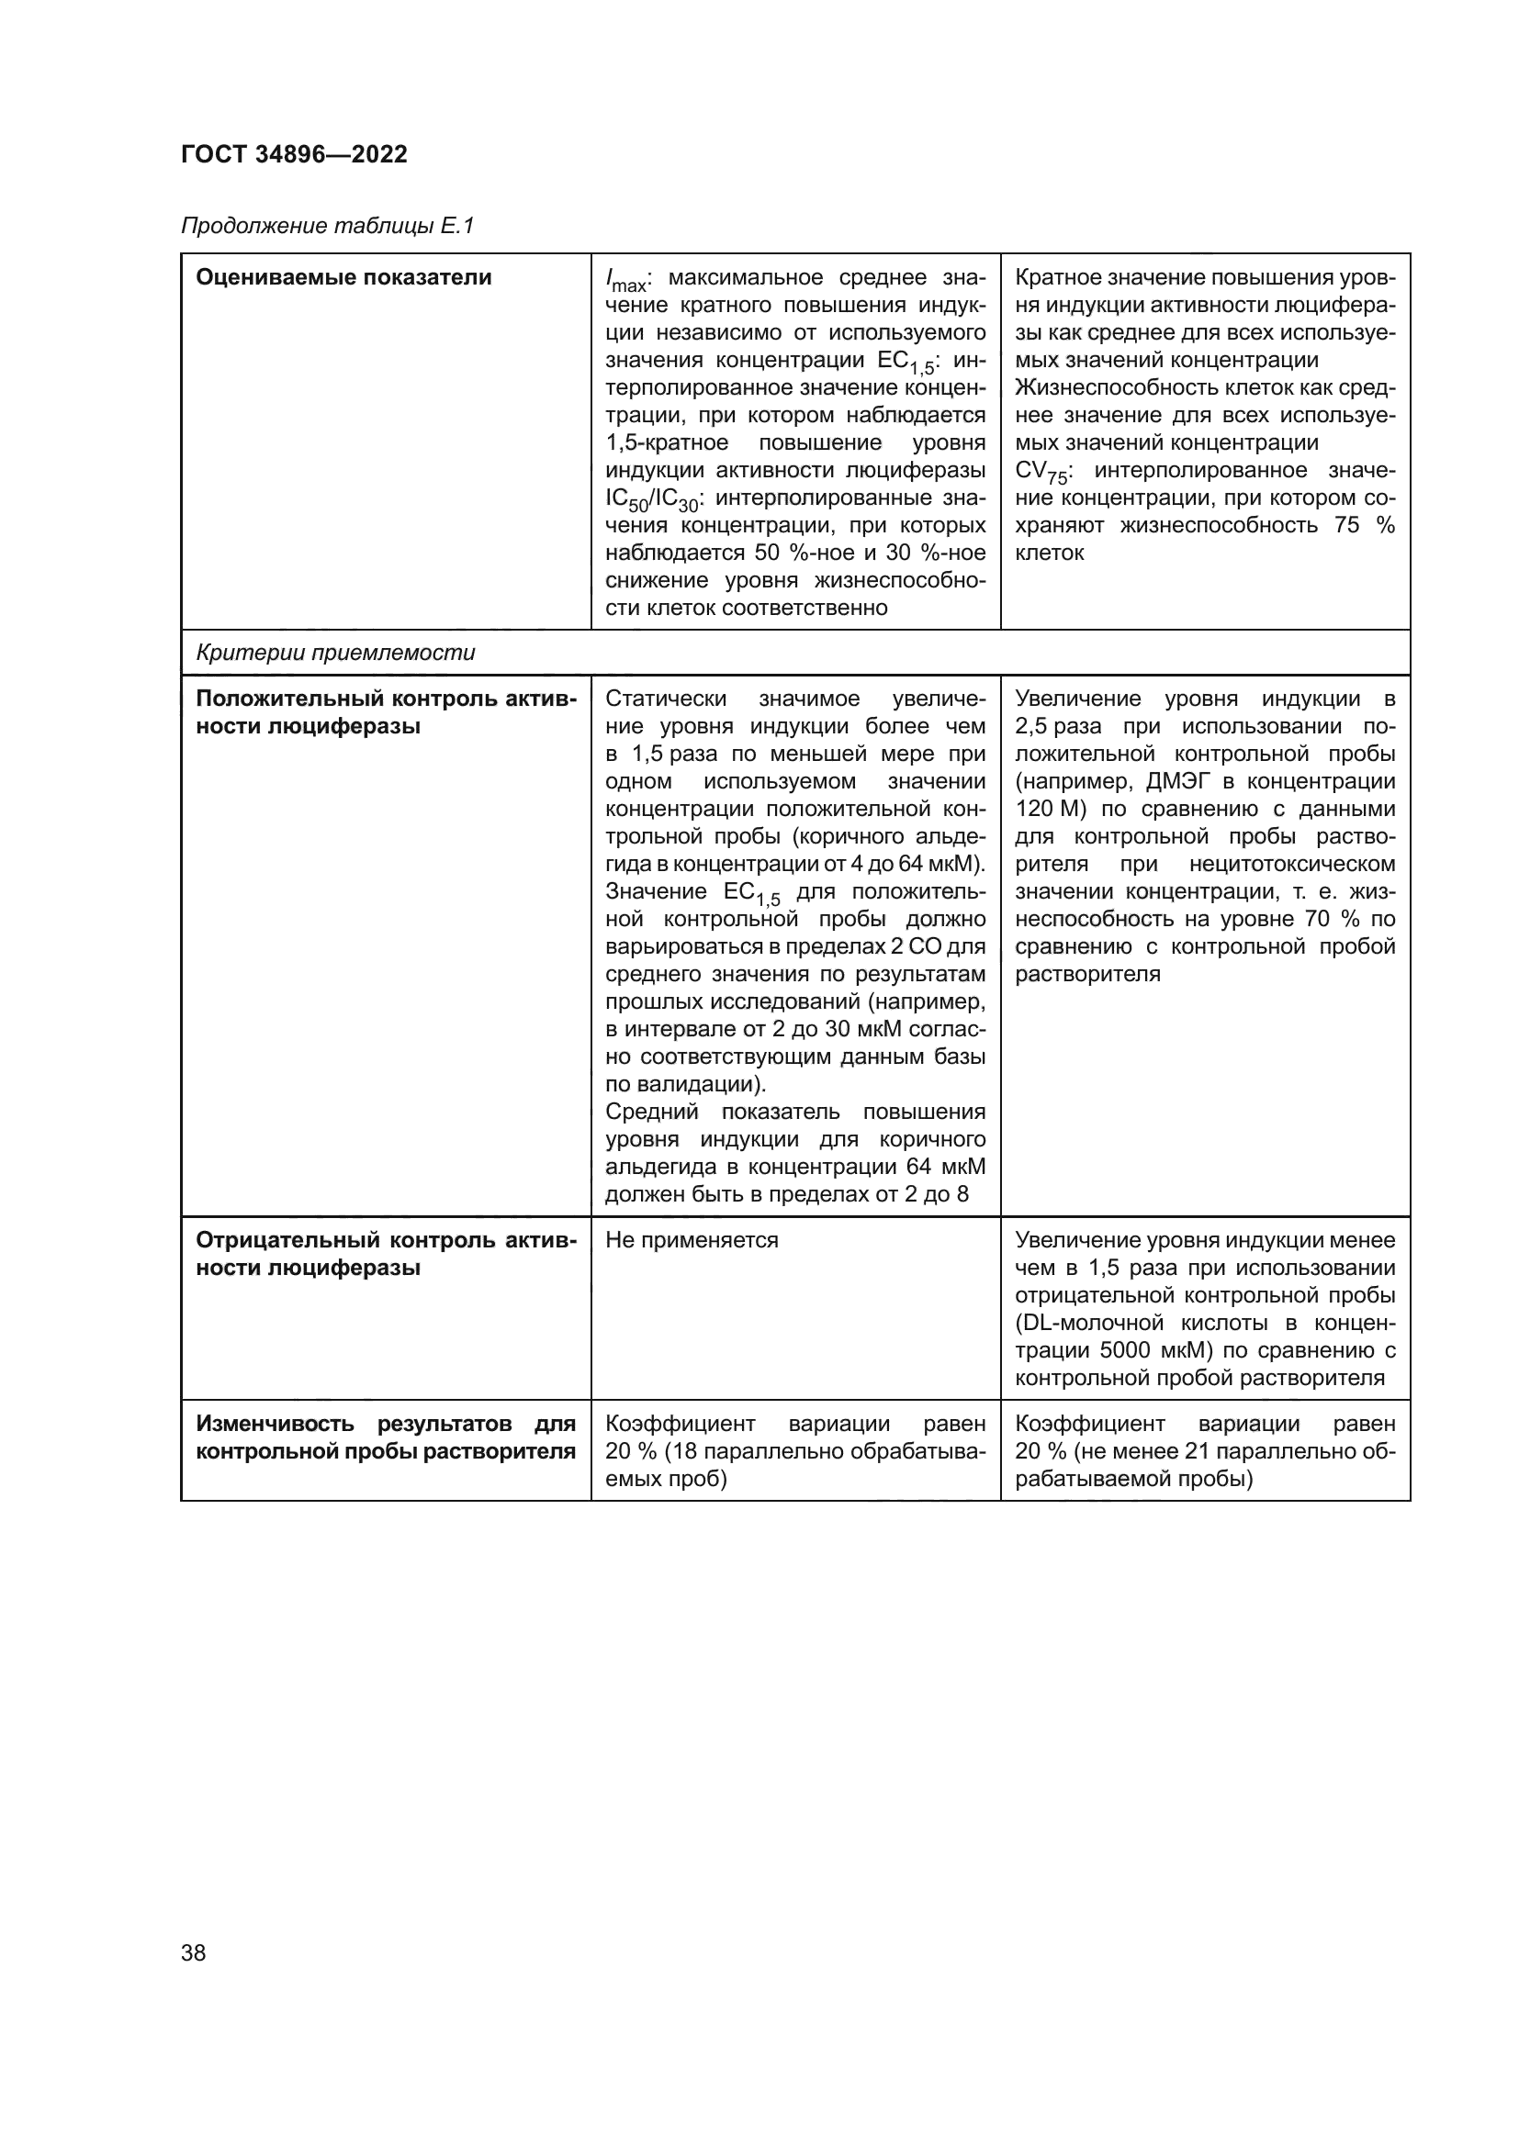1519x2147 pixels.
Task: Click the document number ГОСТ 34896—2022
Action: pyautogui.click(x=294, y=154)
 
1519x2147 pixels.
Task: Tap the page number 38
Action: pyautogui.click(x=194, y=1952)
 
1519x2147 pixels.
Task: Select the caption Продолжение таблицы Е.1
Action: pyautogui.click(x=327, y=227)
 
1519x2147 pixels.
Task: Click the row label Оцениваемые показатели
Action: pyautogui.click(x=343, y=278)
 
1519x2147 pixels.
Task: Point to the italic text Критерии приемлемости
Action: pyautogui.click(x=335, y=653)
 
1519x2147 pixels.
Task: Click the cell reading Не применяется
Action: pyautogui.click(x=692, y=1240)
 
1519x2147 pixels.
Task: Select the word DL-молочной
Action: pyautogui.click(x=1100, y=1324)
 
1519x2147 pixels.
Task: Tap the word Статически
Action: pyautogui.click(x=665, y=699)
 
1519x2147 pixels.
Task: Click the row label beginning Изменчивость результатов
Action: pyautogui.click(x=386, y=1437)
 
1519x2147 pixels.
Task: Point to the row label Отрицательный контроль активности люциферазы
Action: pyautogui.click(x=386, y=1254)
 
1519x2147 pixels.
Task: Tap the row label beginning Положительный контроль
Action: pyautogui.click(x=386, y=712)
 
